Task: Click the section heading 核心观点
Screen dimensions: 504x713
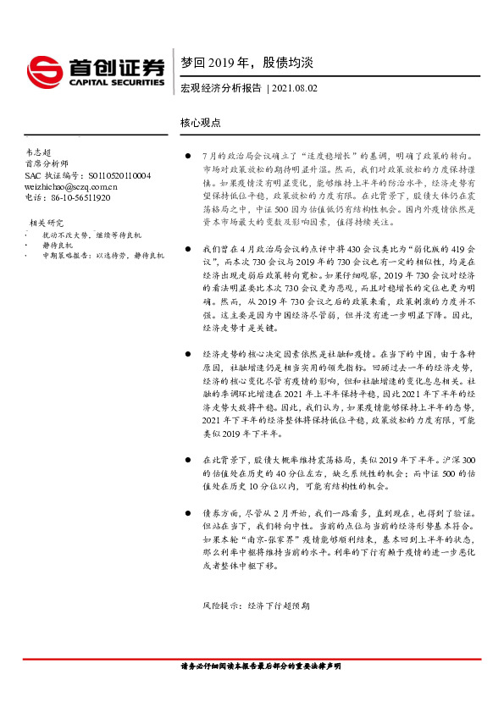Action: (201, 123)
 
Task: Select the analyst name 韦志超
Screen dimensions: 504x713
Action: (40, 152)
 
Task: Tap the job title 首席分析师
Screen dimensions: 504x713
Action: (45, 164)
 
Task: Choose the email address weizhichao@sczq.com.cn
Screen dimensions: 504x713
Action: (71, 186)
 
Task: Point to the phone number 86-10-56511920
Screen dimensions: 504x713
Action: (79, 197)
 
